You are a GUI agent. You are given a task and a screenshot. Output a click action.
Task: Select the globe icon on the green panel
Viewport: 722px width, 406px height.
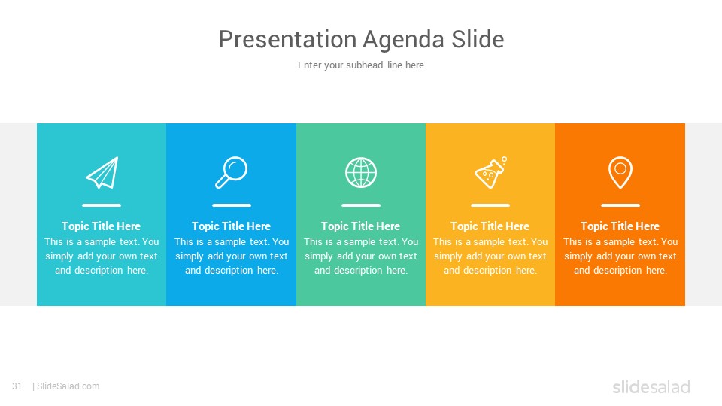click(361, 173)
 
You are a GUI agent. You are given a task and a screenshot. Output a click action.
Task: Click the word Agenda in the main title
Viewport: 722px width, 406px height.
click(404, 40)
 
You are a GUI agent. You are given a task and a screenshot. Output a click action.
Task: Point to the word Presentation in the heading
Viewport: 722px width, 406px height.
click(288, 39)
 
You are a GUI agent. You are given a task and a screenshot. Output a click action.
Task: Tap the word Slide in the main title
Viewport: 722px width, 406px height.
click(478, 39)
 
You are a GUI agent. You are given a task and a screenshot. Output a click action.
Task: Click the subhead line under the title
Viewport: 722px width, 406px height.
click(361, 65)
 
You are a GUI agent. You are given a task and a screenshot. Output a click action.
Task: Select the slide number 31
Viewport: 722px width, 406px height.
click(17, 386)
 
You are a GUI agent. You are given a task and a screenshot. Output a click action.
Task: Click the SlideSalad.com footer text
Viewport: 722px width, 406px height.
click(68, 386)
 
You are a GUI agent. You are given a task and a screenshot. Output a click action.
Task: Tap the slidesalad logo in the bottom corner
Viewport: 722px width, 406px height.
click(651, 387)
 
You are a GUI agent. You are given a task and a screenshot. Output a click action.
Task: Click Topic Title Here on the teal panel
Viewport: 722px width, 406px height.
click(102, 226)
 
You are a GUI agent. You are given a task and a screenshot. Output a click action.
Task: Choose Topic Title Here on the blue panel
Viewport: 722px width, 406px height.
click(231, 226)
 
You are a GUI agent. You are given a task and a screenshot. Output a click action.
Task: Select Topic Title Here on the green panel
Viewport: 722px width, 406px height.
click(360, 226)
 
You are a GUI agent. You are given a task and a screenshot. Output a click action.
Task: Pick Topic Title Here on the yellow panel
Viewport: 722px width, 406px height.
click(490, 226)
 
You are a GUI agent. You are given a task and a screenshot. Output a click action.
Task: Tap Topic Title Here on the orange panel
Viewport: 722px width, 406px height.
click(620, 226)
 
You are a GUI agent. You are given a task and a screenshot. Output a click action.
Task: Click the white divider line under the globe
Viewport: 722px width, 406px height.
click(361, 205)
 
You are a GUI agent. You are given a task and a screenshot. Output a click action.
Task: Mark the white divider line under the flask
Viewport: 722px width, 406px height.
click(490, 205)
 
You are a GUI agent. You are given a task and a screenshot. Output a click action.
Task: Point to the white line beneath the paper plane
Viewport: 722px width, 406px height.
click(102, 205)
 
